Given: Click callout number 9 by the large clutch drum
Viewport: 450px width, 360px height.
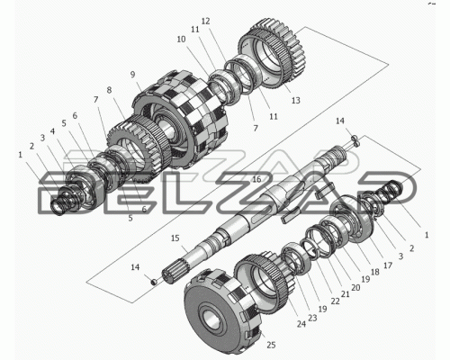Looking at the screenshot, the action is coord(133,75).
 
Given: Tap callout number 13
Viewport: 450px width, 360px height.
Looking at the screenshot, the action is coord(296,100).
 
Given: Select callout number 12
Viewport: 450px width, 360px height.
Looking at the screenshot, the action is coord(205,22).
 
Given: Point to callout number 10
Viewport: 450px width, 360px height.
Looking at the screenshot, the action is coord(181,39).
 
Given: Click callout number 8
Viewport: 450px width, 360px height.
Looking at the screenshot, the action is coord(109,90).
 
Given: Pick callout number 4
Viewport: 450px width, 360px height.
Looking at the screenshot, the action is coord(52,131).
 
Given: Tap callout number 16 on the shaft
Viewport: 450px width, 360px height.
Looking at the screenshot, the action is coord(256,179).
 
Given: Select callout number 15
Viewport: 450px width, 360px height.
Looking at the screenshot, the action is coord(175,238).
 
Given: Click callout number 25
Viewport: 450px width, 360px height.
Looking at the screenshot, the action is coord(271,345).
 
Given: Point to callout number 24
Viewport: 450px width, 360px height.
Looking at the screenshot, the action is coord(301,324).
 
